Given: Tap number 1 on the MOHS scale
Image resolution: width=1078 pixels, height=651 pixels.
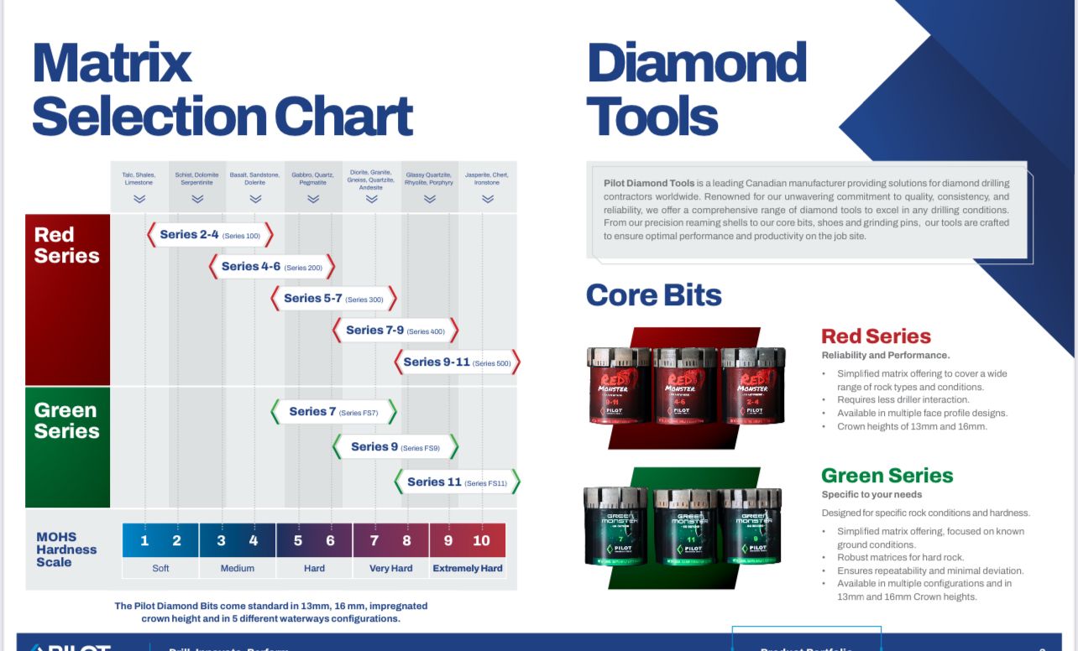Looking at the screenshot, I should pos(144,541).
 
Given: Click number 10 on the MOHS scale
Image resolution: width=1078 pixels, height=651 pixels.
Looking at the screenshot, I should pos(481,541).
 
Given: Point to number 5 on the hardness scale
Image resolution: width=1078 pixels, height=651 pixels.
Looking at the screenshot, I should pos(298,541).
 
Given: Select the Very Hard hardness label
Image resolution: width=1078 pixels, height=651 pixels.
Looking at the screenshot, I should pos(391,569).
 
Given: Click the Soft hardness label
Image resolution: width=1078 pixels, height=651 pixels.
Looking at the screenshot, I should pos(160,569).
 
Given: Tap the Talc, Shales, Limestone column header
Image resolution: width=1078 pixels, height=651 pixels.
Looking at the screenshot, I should pos(139,179).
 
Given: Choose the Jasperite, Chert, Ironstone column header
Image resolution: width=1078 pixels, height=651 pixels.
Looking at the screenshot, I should pos(487,179).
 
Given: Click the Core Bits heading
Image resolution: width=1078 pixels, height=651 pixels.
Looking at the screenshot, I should pos(653,295).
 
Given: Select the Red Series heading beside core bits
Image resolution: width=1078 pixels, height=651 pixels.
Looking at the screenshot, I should pos(876,336).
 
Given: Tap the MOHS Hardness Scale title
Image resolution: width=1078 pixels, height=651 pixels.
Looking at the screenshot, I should pos(66,549).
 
